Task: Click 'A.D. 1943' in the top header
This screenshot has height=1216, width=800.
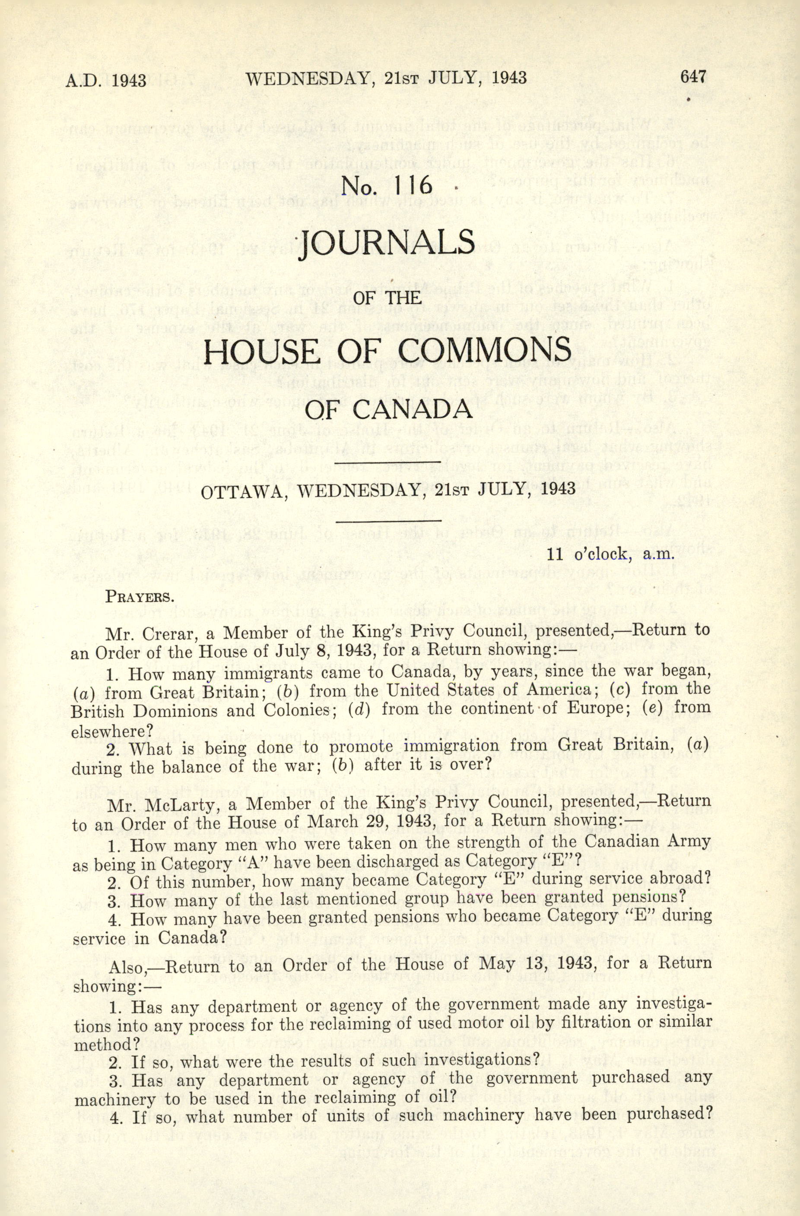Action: (x=106, y=81)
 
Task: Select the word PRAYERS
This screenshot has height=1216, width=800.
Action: (x=138, y=597)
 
